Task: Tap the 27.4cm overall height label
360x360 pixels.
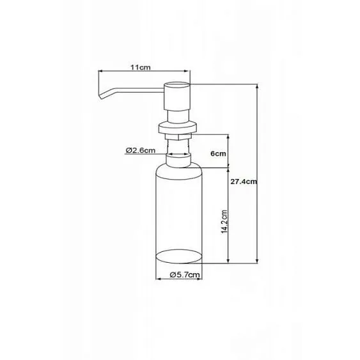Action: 244,182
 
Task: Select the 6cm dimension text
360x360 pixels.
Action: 218,153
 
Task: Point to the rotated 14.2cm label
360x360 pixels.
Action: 224,222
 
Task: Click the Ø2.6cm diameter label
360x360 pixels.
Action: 141,150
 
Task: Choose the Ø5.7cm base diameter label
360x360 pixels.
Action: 185,274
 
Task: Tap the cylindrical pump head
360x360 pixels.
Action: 177,96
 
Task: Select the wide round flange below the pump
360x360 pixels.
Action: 178,128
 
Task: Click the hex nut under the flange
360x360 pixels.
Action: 178,137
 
